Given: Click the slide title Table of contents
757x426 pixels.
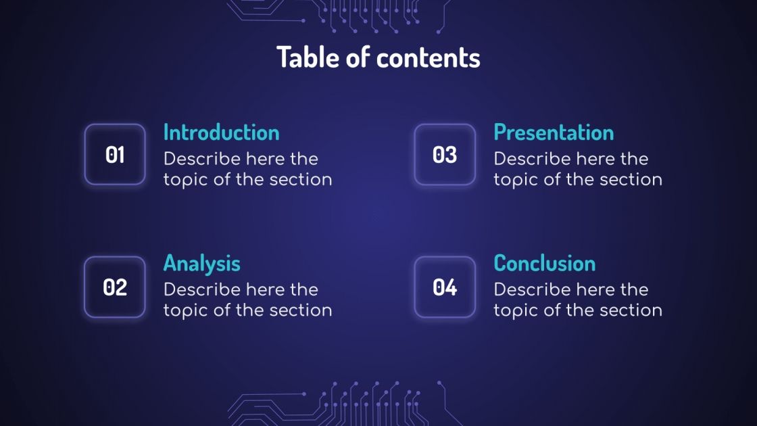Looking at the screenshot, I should coord(378,57).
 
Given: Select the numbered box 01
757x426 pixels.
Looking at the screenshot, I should coord(115,155).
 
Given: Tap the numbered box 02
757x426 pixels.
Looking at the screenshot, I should coord(115,287).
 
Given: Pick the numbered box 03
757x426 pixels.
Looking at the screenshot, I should coord(445,155).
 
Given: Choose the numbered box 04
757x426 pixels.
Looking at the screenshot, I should coord(445,287).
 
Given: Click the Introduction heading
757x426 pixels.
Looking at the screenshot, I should coord(221,132).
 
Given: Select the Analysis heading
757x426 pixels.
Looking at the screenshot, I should coord(201,263).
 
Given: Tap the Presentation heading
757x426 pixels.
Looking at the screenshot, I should coord(554,132).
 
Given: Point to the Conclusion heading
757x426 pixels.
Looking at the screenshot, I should coord(545,263).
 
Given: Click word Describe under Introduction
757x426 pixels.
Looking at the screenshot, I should coord(201,159).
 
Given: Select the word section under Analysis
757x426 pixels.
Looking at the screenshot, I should coord(301,310).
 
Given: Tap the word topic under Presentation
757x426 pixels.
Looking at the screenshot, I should coord(516,181).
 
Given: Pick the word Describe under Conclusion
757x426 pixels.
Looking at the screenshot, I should coord(531,290).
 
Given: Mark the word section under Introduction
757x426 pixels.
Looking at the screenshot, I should coord(301,180).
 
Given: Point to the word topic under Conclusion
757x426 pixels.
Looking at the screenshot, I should coord(516,311).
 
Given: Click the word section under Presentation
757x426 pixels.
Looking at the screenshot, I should coord(631,180).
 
